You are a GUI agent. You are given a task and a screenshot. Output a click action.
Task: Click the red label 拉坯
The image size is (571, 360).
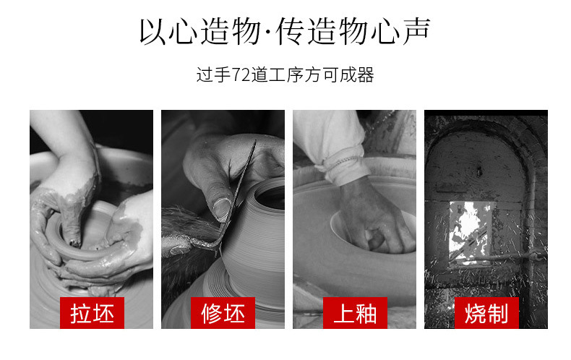click(92, 313)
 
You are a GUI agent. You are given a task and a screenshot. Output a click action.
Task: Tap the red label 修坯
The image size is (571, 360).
click(223, 313)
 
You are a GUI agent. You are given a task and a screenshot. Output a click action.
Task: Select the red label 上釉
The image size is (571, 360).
click(355, 313)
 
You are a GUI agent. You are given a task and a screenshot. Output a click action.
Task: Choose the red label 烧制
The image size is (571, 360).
click(486, 313)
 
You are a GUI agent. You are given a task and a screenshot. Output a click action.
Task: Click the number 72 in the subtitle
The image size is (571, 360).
click(241, 75)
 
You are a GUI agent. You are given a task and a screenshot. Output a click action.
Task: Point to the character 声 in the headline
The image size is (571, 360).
click(416, 31)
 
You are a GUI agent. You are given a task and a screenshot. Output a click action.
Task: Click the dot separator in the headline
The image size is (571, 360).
click(267, 32)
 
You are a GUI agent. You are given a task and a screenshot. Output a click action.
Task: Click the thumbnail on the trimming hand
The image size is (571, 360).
click(221, 207)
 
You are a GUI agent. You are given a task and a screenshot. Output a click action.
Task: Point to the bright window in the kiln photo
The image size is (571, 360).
click(471, 232)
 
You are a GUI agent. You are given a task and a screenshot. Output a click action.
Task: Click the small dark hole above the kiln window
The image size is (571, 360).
click(479, 171)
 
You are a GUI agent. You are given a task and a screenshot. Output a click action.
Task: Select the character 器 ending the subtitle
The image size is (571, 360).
click(365, 75)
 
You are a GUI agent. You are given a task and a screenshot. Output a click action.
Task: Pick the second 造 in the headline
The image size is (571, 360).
click(322, 31)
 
